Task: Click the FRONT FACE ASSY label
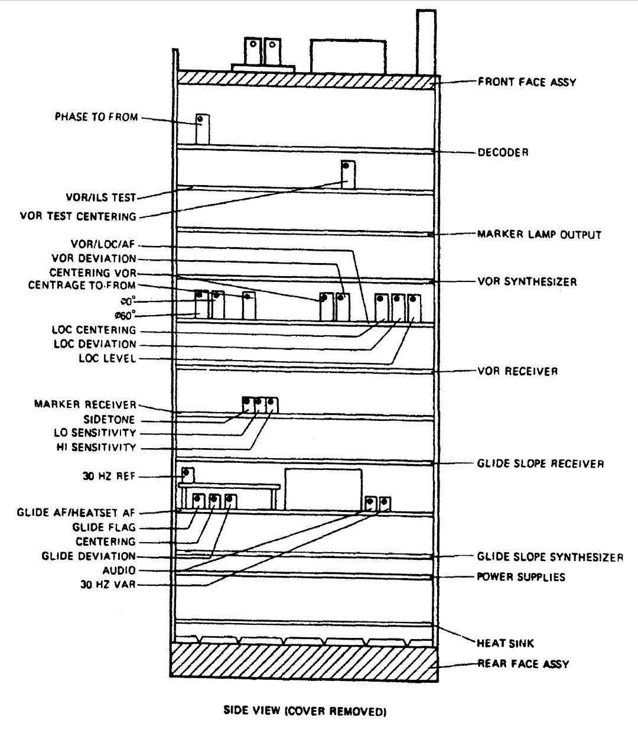point(526,82)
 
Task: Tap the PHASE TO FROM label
point(96,117)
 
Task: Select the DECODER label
point(503,153)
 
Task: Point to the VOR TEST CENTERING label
point(78,216)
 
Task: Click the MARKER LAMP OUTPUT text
point(539,235)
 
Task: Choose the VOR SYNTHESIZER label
point(527,282)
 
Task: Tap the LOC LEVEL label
point(108,358)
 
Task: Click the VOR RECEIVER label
point(517,371)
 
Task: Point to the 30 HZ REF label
point(109,475)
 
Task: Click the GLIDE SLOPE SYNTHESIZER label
point(550,557)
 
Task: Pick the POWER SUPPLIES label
point(520,576)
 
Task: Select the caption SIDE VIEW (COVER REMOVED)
point(304,711)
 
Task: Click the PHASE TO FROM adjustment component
point(203,128)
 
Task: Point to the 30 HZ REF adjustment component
point(187,474)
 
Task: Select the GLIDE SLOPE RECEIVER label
point(540,464)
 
